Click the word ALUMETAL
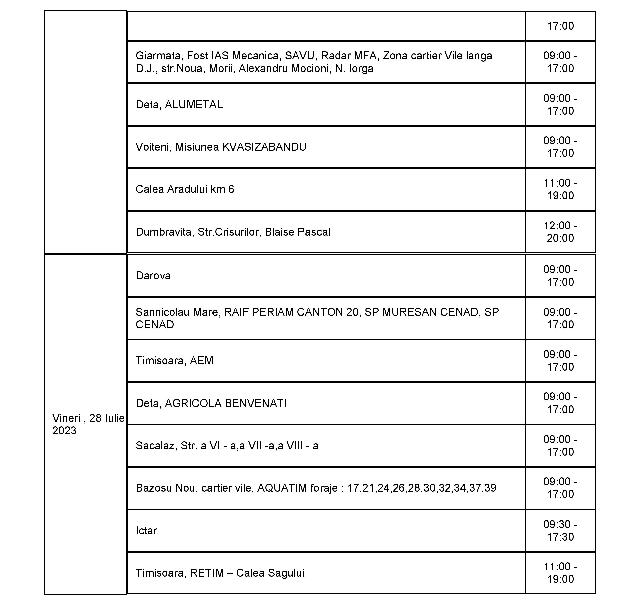point(193,105)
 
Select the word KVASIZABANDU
point(264,147)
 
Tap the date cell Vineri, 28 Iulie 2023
point(85,424)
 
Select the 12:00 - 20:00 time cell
point(560,232)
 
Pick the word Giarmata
point(158,56)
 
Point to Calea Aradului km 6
point(185,189)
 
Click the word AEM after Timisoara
point(201,361)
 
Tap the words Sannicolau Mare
point(177,312)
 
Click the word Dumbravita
point(164,232)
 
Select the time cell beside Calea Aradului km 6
point(560,189)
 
